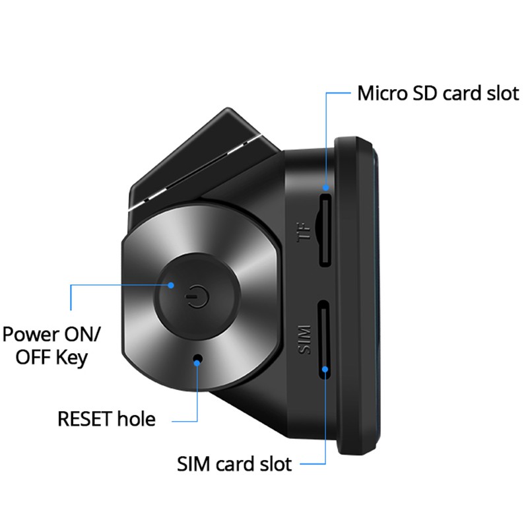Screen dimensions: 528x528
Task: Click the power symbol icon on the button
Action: pos(197,296)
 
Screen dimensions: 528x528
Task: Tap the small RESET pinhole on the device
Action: pos(198,359)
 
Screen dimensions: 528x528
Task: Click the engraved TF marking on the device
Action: pos(304,232)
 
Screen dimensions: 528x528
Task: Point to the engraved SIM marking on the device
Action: pos(304,339)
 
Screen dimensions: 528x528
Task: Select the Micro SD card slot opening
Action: pos(325,230)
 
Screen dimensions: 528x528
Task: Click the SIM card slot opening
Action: pos(325,339)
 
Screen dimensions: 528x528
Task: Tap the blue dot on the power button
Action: pos(171,285)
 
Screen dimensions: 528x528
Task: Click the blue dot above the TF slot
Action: pos(325,187)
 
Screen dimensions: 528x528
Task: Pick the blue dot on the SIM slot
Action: pos(325,370)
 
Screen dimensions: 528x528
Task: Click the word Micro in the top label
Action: pos(383,93)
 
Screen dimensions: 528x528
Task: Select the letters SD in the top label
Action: pos(425,93)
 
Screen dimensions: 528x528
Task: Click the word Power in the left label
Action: pos(30,335)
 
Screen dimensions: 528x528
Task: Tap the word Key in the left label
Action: pos(72,358)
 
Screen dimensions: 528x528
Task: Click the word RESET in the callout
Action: pos(85,419)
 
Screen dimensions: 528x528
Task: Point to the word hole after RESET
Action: pos(136,418)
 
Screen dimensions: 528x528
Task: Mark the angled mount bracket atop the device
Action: pos(202,158)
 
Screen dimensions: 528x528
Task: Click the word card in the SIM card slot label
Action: pos(235,464)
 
